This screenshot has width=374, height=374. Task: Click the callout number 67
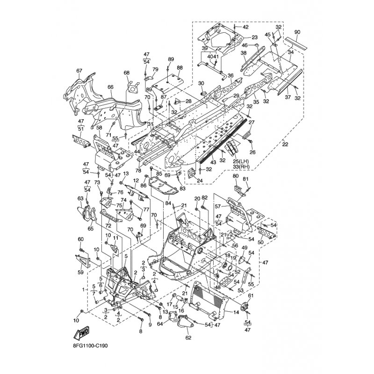(79, 71)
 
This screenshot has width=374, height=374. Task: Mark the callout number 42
(245, 27)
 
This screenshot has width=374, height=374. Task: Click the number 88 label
(180, 68)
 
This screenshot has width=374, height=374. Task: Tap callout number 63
(80, 198)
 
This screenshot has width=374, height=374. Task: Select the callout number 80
(235, 176)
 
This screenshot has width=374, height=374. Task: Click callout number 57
(217, 206)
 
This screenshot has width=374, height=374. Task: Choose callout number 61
(250, 296)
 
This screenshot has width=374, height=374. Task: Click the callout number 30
(201, 83)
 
